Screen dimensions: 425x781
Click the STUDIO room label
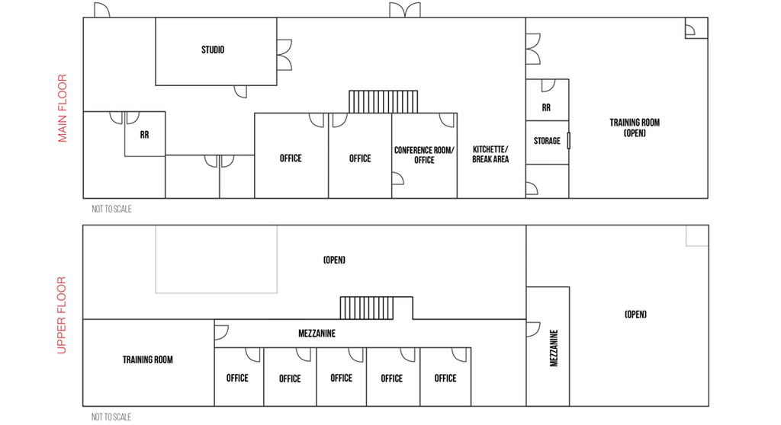(213, 50)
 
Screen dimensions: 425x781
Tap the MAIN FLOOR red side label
(63, 108)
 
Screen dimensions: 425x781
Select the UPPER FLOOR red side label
(63, 315)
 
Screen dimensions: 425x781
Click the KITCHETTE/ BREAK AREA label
(490, 154)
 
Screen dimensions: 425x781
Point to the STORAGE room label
(547, 141)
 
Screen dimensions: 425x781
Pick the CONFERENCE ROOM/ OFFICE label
(424, 155)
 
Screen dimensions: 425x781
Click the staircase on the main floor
(384, 102)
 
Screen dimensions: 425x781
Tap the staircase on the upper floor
(366, 308)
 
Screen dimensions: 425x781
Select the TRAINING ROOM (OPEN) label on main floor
(635, 127)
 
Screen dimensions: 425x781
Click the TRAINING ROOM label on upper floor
(148, 359)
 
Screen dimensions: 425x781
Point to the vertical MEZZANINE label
(554, 348)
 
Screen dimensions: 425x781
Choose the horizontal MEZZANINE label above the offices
(317, 334)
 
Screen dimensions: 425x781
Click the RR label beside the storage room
(546, 108)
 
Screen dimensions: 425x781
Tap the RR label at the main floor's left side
(144, 135)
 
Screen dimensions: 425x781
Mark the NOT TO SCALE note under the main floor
(111, 209)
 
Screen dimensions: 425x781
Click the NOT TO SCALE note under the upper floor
(111, 417)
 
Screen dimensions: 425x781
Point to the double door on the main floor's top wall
(404, 11)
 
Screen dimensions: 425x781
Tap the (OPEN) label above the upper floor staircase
(334, 260)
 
